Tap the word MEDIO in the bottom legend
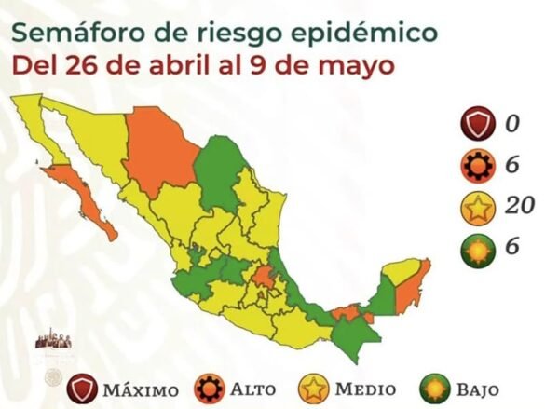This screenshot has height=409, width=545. click(x=364, y=389)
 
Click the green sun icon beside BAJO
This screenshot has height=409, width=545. click(x=434, y=388)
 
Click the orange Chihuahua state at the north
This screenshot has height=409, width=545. click(x=158, y=149)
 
